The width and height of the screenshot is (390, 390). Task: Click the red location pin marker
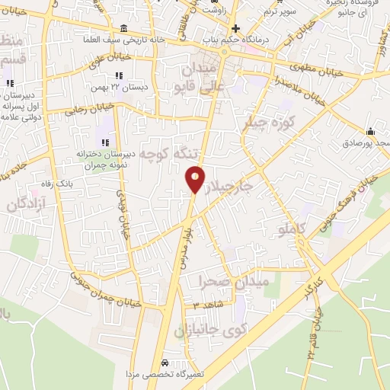(x=195, y=179)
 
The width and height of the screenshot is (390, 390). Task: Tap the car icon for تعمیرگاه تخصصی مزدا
(x=165, y=362)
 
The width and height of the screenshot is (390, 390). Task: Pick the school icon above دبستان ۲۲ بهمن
(x=118, y=75)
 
